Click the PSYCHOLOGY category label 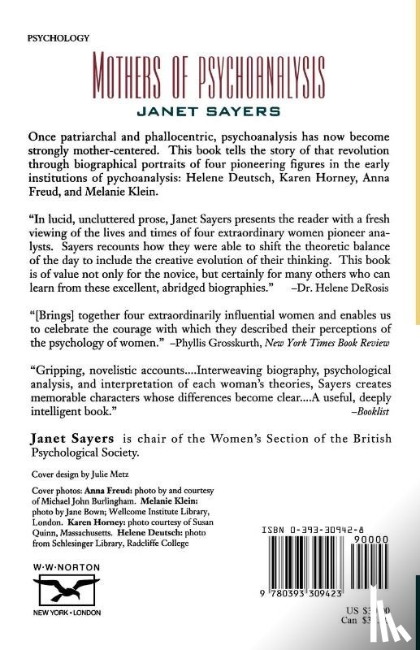[58, 38]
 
